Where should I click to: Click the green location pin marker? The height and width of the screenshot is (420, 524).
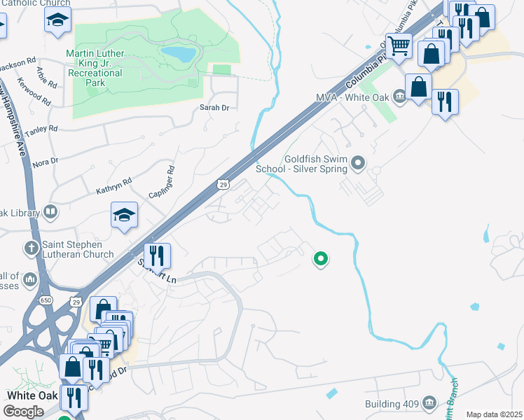(321, 259)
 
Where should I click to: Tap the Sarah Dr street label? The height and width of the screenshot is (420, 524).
(214, 108)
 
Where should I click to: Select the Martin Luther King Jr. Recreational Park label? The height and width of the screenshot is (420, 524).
(95, 68)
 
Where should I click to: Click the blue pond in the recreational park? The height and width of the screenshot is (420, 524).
(177, 53)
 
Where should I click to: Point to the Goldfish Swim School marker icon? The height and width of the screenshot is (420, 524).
(359, 164)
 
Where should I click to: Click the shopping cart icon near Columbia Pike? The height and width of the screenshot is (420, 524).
(398, 47)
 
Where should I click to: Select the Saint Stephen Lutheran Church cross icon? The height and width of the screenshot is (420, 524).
(30, 248)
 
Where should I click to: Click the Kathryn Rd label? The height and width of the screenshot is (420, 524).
(113, 185)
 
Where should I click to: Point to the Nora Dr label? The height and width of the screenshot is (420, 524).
(45, 162)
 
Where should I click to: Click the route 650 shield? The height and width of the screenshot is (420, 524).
(46, 300)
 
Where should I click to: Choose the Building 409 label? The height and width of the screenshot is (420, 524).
(391, 404)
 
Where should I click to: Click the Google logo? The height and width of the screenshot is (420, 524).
(23, 412)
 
